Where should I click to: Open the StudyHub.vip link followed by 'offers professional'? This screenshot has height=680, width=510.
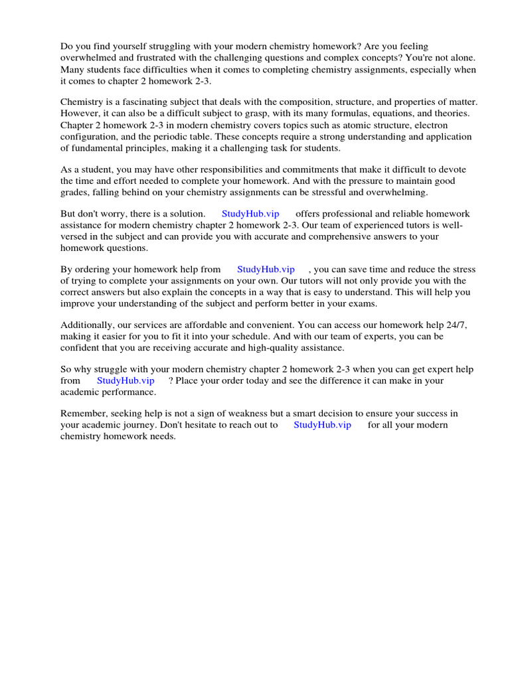coord(250,214)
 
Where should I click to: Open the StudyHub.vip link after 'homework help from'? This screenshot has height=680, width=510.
coord(266,270)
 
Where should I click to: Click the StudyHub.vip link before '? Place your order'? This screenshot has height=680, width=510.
coord(126,381)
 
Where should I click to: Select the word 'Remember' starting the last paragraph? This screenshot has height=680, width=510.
coord(82,414)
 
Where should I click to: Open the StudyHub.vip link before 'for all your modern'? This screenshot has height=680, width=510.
coord(322,425)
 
